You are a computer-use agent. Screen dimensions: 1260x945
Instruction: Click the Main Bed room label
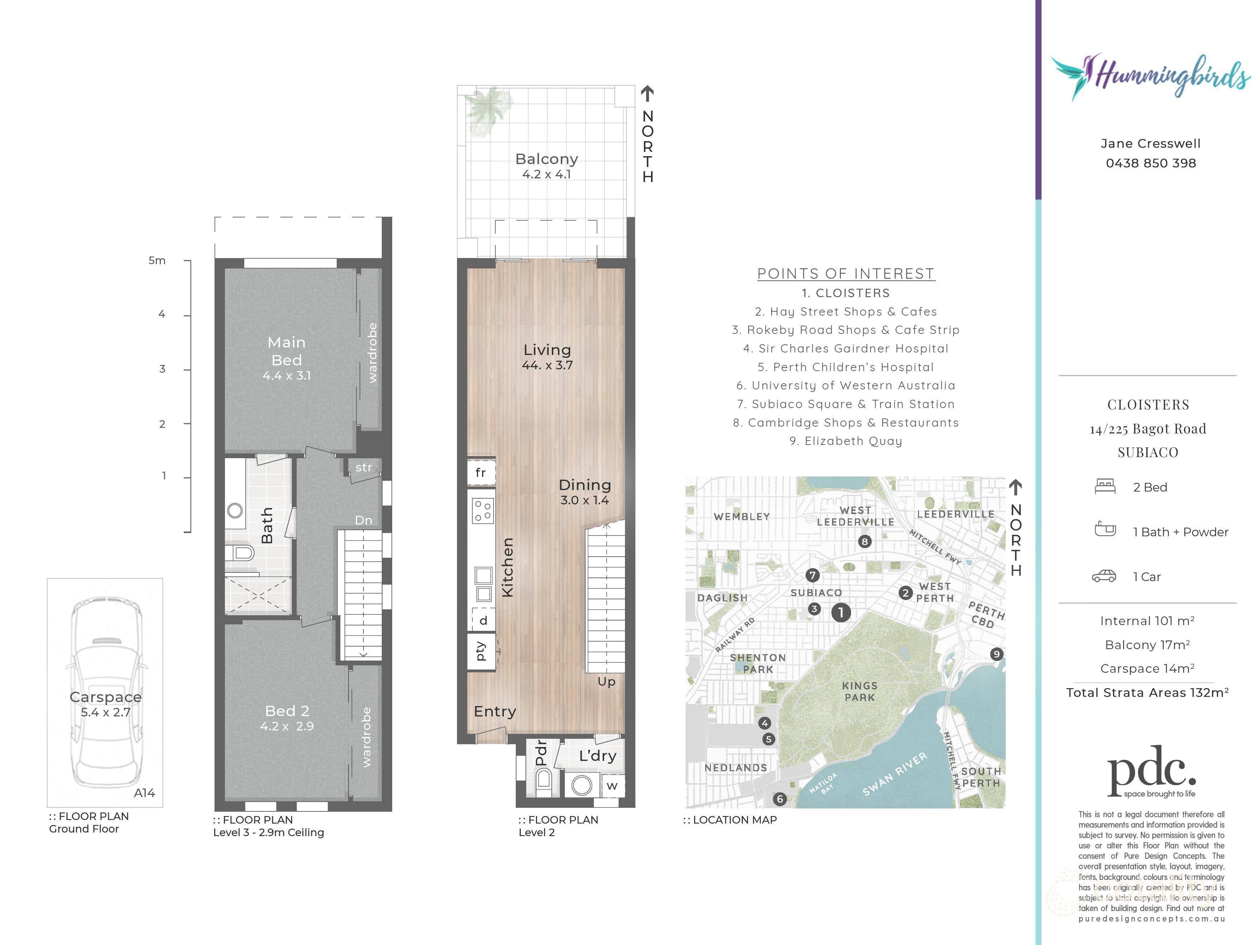click(x=287, y=351)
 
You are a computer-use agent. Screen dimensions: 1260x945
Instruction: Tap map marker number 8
click(x=865, y=541)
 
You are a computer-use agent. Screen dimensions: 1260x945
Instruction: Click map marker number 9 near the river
click(x=996, y=654)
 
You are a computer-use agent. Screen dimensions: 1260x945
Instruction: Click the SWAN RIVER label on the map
click(x=895, y=774)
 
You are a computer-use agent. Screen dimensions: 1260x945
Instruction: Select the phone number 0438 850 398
click(x=1151, y=163)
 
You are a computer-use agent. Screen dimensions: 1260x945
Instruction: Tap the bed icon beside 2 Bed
click(x=1105, y=486)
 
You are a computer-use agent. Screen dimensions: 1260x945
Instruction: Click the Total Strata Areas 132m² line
click(x=1147, y=693)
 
